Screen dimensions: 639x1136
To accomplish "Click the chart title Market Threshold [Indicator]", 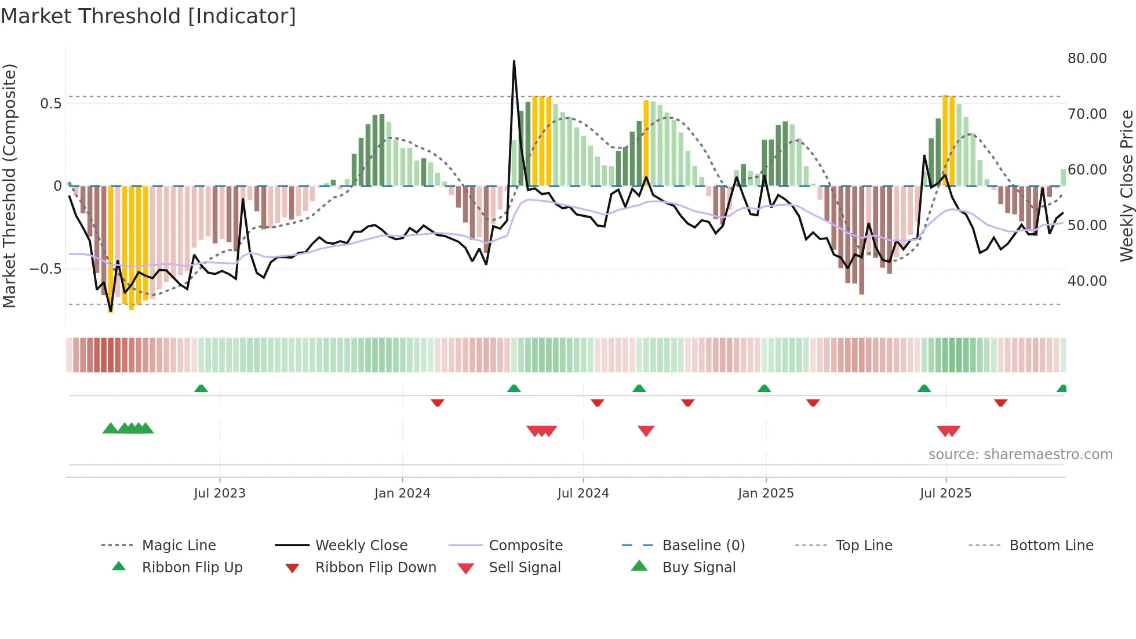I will click(x=148, y=16).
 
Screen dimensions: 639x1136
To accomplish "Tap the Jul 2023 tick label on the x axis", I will click(x=220, y=493).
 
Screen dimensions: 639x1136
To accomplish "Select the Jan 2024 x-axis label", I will click(x=402, y=493).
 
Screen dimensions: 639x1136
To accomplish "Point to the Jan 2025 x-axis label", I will click(x=766, y=493).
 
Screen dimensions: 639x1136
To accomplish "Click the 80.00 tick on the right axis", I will click(x=1087, y=59).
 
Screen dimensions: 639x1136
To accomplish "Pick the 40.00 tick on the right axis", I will click(x=1087, y=281).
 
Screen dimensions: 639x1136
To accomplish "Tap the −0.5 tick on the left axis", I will click(x=45, y=269).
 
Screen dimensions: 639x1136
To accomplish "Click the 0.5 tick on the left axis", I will click(x=50, y=104).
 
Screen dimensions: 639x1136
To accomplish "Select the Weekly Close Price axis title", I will click(x=1126, y=186).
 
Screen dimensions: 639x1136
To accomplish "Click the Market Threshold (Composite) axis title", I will click(x=9, y=186).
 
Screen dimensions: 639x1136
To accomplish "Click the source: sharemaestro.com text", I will click(x=1020, y=455).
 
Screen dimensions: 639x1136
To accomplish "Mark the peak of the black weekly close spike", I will click(x=514, y=61).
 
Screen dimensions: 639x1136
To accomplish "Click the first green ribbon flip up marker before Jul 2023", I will click(x=201, y=389).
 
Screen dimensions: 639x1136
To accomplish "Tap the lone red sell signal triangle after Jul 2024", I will click(x=646, y=431).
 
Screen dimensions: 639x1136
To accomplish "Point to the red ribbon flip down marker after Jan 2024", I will click(x=438, y=402).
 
